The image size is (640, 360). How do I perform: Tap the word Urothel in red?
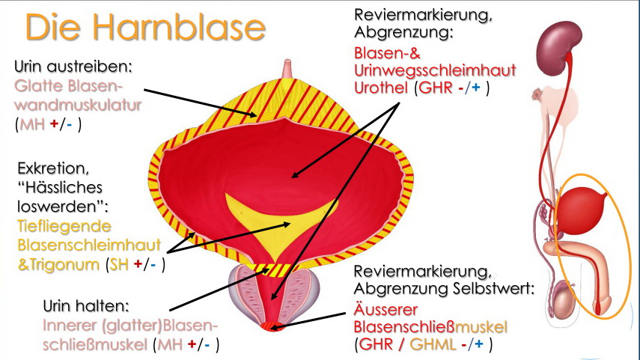(x=380, y=88)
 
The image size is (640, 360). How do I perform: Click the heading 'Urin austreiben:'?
(x=73, y=66)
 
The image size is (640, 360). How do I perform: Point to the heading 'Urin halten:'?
(x=84, y=306)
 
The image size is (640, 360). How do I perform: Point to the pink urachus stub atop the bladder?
(x=287, y=69)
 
